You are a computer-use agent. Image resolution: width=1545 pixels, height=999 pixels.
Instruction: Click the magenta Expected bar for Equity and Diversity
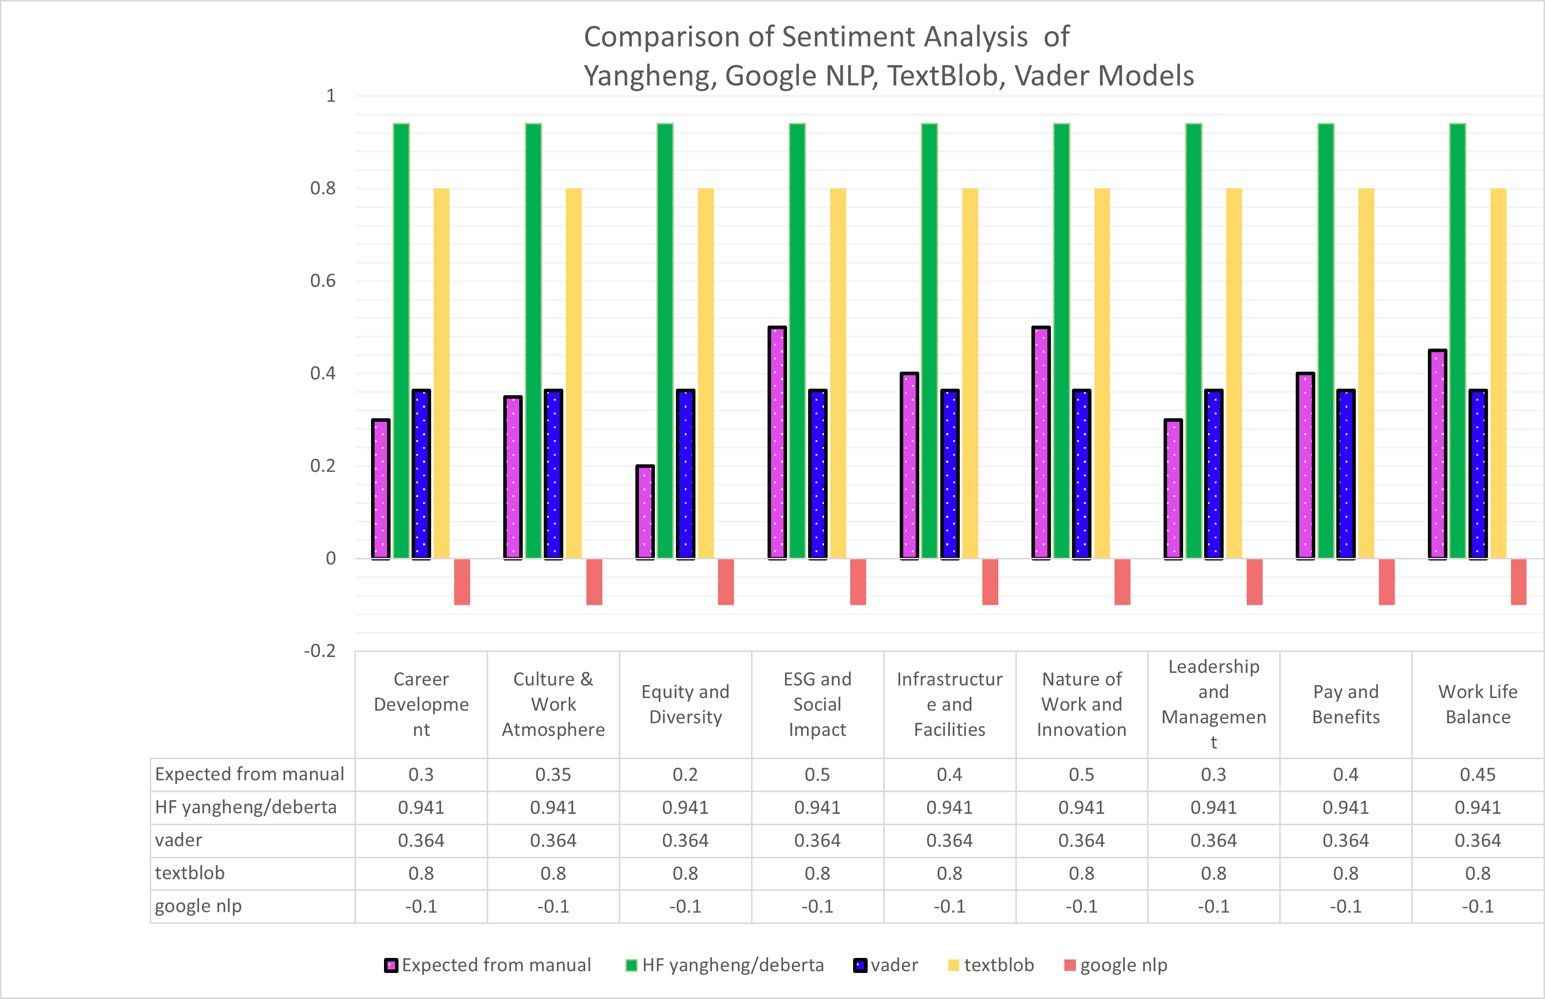point(645,512)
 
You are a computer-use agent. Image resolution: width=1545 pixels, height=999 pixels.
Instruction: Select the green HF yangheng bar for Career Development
point(402,341)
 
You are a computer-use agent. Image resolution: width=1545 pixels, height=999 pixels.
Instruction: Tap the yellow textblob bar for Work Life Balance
point(1498,373)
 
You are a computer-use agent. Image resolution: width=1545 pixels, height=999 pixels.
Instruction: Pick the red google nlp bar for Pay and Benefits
point(1387,581)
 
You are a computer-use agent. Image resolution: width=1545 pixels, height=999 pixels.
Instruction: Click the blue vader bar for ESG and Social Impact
point(818,474)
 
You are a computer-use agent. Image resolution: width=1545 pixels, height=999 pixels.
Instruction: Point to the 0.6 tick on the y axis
point(323,281)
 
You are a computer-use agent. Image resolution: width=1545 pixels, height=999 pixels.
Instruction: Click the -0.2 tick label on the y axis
point(320,650)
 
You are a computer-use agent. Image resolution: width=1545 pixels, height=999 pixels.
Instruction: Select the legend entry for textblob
point(991,965)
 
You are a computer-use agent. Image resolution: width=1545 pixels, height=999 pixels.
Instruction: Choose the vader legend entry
point(886,965)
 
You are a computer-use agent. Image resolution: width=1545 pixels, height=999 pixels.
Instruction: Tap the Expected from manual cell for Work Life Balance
point(1477,775)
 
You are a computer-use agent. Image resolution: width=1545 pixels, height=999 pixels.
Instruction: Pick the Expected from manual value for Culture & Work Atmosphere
point(553,775)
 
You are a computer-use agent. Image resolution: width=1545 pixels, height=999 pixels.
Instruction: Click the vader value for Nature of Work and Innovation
point(1081,841)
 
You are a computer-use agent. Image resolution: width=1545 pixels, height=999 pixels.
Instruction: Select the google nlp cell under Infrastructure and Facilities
point(950,906)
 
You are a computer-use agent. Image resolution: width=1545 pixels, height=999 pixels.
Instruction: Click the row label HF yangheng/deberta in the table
point(246,808)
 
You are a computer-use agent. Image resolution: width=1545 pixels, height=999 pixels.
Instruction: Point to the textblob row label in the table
point(189,873)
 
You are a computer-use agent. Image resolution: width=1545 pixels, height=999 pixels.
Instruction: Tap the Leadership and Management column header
point(1214,704)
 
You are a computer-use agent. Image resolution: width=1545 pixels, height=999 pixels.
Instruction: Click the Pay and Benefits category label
point(1346,704)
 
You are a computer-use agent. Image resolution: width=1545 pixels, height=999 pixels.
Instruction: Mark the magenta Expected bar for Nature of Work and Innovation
point(1041,443)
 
